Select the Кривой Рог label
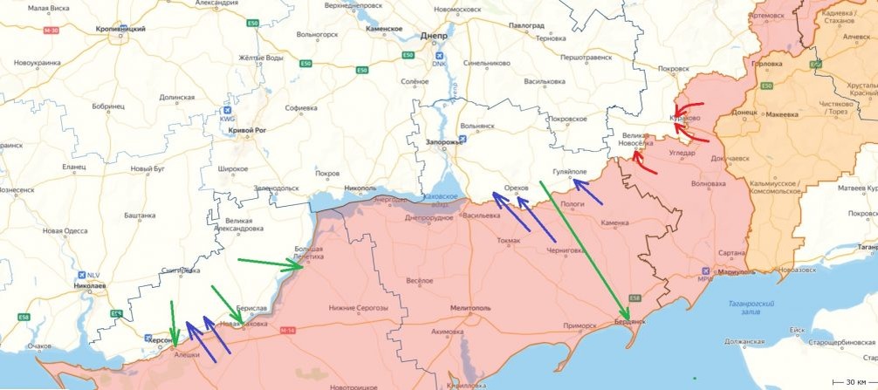(246, 130)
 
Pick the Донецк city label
(744, 113)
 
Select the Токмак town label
(507, 240)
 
